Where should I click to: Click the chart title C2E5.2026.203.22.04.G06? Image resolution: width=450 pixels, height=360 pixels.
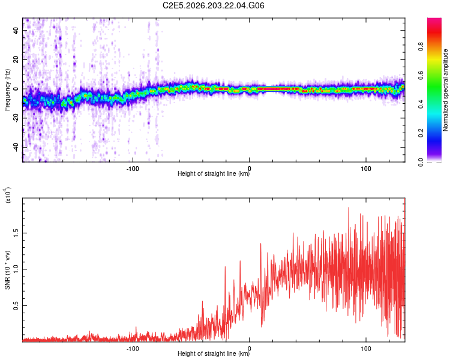coord(213,5)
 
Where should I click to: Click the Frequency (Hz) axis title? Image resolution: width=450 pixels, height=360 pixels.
coord(7,90)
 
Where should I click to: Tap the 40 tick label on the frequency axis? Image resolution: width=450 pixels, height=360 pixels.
coord(16,30)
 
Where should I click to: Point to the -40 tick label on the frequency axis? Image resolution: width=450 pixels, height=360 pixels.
coord(16,147)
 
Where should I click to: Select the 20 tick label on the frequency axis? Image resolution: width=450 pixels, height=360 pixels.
coord(16,59)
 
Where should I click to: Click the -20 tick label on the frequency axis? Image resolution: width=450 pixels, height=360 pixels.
coord(16,118)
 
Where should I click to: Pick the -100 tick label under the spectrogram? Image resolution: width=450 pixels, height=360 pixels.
coord(133,169)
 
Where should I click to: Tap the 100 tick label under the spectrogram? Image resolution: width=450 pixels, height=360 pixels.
coord(366,169)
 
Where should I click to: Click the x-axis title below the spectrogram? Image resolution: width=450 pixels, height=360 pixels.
coord(214,173)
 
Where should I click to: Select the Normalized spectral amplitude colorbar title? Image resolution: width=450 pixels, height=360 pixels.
coord(445,90)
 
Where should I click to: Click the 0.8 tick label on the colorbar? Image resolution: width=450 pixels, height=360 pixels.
coord(421,47)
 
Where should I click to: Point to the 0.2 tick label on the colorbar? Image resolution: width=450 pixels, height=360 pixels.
coord(421,133)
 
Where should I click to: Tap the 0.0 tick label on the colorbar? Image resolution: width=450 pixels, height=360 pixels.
coord(421,162)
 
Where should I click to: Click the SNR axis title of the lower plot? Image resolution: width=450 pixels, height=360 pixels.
coord(7,270)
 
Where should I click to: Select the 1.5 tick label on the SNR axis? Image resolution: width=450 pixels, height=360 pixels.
coord(16,233)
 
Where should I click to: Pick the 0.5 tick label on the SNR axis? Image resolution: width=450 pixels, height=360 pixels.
coord(16,306)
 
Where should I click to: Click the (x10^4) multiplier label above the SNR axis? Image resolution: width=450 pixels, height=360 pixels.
coord(8,195)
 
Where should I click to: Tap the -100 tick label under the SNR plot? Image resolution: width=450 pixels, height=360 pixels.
coord(133,349)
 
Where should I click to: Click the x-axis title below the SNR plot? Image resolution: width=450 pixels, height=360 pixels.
coord(214,353)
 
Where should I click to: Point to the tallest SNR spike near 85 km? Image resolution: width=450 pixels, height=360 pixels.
coord(349,208)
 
